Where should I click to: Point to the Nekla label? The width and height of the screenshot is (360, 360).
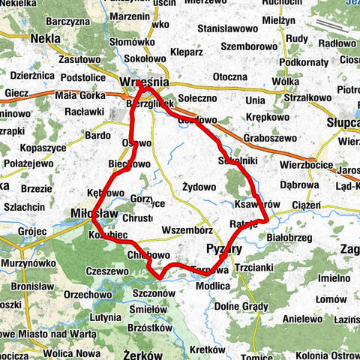coord(46,37)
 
